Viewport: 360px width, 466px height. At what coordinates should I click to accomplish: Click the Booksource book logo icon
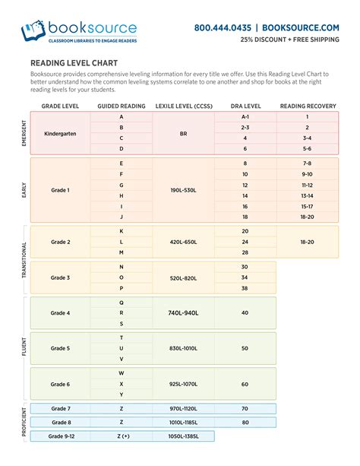33,31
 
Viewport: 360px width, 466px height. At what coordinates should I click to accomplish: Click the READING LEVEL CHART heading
71,64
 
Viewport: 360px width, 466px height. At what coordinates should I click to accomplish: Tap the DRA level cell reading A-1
245,117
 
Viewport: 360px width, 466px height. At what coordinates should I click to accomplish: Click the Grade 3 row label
61,277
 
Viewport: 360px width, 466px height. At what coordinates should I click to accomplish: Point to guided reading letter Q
122,302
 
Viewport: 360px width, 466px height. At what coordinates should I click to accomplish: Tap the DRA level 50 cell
245,348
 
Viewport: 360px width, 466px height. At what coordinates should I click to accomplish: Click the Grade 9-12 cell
61,436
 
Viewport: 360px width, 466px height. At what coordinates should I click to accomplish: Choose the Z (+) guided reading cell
122,436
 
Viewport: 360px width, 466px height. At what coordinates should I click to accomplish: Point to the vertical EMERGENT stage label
24,133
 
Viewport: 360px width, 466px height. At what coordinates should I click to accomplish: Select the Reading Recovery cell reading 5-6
307,149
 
